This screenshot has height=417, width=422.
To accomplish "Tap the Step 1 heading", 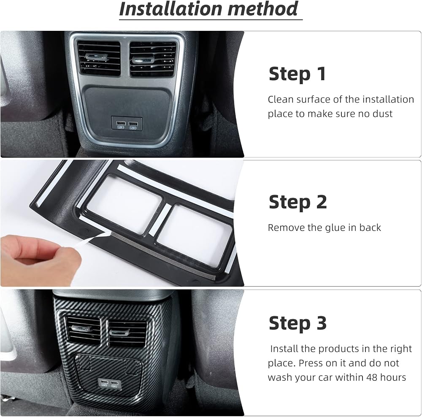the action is pyautogui.click(x=297, y=74).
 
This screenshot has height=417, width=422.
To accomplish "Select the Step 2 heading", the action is pyautogui.click(x=298, y=202).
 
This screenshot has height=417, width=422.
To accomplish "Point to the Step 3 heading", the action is pyautogui.click(x=298, y=323).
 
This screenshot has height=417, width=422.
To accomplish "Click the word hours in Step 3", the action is pyautogui.click(x=393, y=377).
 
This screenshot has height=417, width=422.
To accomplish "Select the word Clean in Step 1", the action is pyautogui.click(x=281, y=99).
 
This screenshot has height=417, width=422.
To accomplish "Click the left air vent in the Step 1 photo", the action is pyautogui.click(x=99, y=58).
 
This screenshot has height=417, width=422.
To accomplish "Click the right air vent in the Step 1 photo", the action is pyautogui.click(x=153, y=59).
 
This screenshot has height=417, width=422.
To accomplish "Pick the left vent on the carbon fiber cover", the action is pyautogui.click(x=83, y=330).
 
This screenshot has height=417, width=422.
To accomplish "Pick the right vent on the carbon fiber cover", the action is pyautogui.click(x=127, y=333).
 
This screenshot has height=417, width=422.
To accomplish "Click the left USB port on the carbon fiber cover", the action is pyautogui.click(x=104, y=382).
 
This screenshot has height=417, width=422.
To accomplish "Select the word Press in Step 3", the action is pyautogui.click(x=310, y=363).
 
